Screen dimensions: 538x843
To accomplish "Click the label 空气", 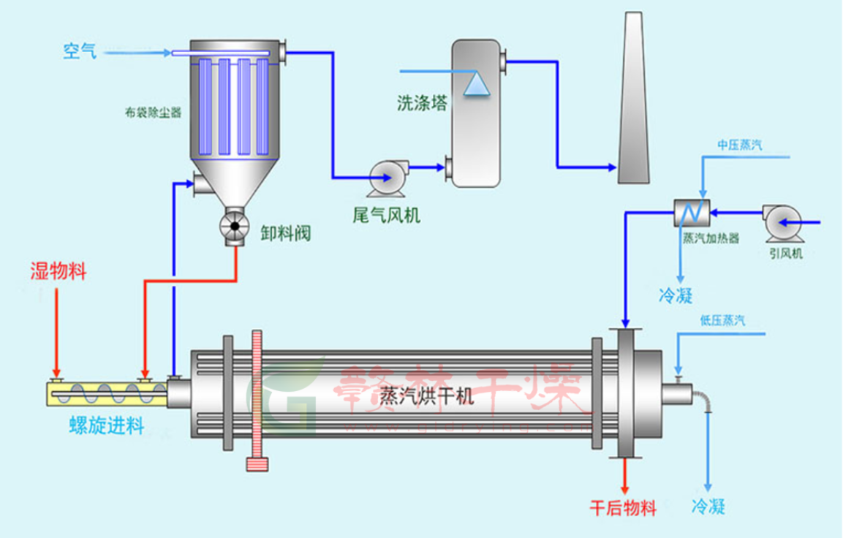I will point(80,51).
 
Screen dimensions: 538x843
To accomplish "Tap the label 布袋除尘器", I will point(153,113).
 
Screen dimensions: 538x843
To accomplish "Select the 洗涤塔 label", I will point(422,103).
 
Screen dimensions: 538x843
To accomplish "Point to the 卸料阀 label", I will point(286,233).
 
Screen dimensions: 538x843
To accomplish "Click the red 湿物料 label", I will point(58,272).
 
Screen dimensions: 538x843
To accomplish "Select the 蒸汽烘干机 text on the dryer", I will point(427,396).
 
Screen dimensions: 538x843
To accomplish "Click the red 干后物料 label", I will point(623,507).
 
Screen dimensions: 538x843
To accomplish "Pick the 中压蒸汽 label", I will point(739,145).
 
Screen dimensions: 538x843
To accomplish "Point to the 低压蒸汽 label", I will point(722,320).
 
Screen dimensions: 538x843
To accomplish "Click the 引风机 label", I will point(786,254).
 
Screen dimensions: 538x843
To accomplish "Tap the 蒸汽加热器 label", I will point(711,238).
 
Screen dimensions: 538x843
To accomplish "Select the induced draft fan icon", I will point(782,222).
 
